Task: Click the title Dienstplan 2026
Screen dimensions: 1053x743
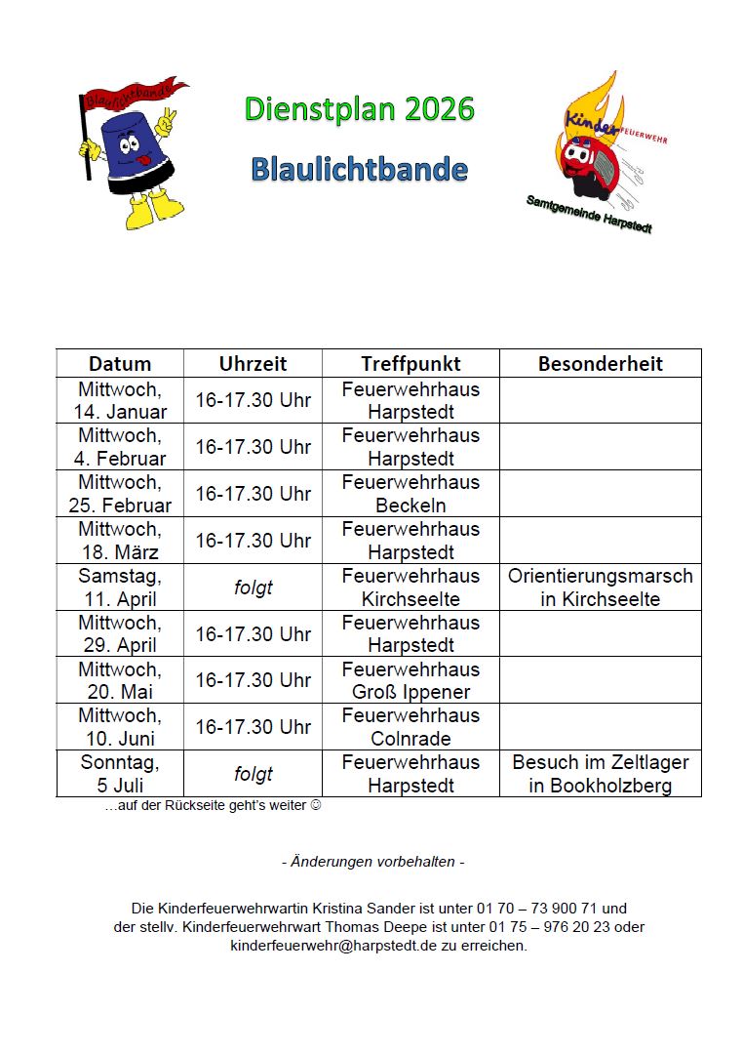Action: coord(359,109)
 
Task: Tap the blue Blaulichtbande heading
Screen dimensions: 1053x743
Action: coord(359,169)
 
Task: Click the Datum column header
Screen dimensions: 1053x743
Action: coord(120,364)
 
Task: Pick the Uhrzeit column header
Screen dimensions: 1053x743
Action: coord(253,364)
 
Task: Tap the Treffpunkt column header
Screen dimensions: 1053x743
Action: coord(411,364)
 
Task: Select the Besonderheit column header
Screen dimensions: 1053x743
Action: coord(600,364)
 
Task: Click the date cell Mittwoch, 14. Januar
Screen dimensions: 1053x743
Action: coord(120,400)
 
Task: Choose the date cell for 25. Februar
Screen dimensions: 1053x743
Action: coord(120,494)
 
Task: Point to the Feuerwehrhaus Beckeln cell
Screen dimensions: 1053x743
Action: coord(411,494)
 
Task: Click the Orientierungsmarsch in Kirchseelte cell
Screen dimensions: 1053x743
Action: coord(600,587)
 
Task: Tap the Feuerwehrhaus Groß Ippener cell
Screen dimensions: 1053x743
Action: coord(411,680)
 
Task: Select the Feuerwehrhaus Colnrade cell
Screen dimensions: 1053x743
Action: coord(411,727)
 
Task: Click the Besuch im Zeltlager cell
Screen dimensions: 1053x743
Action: coord(600,774)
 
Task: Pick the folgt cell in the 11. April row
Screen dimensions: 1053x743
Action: coord(253,587)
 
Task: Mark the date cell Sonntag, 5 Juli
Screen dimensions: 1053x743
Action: coord(120,774)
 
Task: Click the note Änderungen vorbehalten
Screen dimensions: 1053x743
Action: coord(371,862)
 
